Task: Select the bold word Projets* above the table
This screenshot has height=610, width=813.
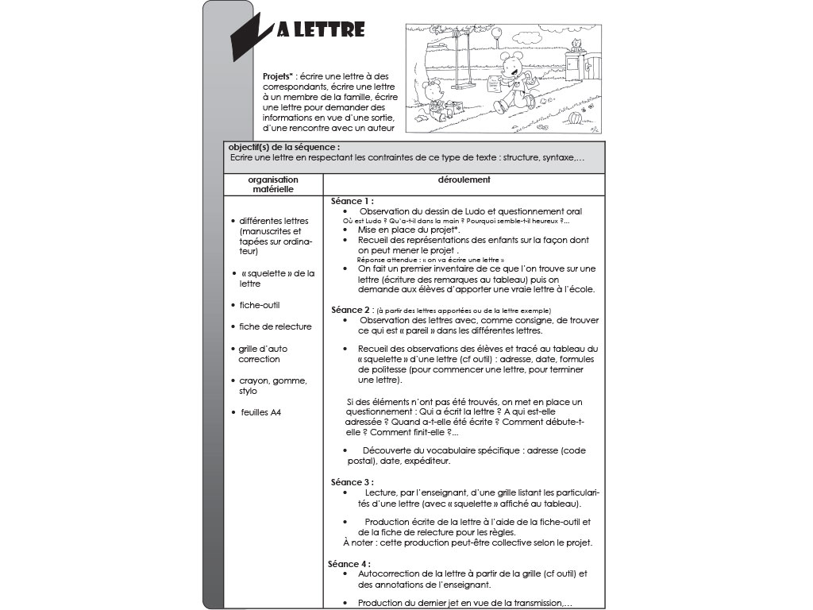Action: [279, 76]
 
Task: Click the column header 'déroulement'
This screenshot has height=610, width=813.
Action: [464, 180]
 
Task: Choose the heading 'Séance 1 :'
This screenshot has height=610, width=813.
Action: [353, 201]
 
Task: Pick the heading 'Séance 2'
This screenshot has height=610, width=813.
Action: [350, 309]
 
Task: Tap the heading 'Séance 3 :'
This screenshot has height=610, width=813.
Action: [352, 482]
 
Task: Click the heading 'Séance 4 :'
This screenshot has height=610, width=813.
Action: [349, 563]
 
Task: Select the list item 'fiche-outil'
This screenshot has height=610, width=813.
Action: [260, 305]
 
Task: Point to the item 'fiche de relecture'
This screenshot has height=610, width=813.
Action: [275, 326]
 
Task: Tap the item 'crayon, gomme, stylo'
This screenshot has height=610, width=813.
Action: [273, 386]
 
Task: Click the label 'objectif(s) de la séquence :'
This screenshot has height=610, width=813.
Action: [283, 148]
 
